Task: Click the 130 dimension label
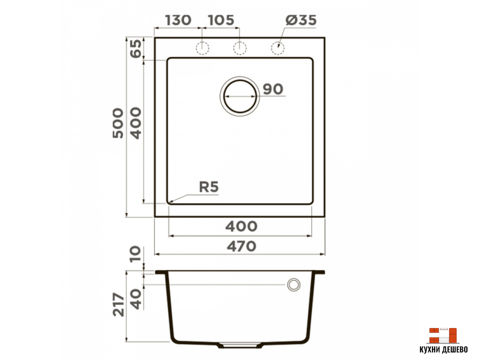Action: pyautogui.click(x=178, y=20)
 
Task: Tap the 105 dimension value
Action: pyautogui.click(x=221, y=20)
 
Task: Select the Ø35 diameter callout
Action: pyautogui.click(x=301, y=20)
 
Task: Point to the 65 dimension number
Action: pyautogui.click(x=136, y=48)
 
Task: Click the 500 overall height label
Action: pyautogui.click(x=118, y=123)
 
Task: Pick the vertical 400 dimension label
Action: pyautogui.click(x=136, y=123)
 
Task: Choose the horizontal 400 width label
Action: pyautogui.click(x=241, y=226)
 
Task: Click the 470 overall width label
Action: pyautogui.click(x=241, y=246)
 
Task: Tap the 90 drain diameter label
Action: pyautogui.click(x=273, y=89)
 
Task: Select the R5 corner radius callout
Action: pyautogui.click(x=209, y=187)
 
